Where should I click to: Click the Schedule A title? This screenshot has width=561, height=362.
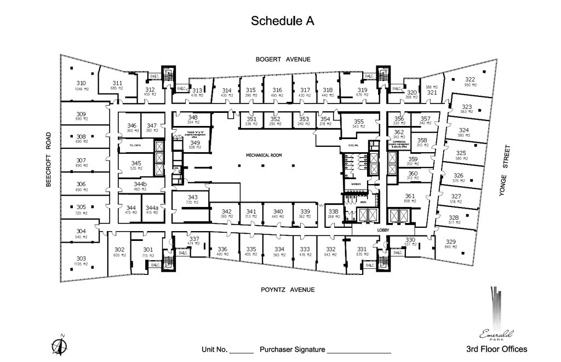(x=282, y=21)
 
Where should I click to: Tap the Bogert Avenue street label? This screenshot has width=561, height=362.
(x=283, y=59)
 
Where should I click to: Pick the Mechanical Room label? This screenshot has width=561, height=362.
(x=264, y=156)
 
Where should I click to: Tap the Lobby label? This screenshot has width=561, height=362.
(x=382, y=231)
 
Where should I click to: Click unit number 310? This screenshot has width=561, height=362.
(x=81, y=83)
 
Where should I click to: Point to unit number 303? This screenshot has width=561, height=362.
(x=81, y=258)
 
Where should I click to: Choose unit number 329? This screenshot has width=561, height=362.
(x=450, y=242)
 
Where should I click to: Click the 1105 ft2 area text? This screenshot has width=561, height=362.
(x=81, y=264)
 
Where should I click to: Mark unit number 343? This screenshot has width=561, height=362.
(x=192, y=197)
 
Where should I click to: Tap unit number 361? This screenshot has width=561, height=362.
(x=410, y=196)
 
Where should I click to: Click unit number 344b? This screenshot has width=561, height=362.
(x=141, y=185)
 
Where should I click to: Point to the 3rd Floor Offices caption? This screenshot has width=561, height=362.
(x=496, y=349)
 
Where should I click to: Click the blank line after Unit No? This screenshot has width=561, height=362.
(x=241, y=353)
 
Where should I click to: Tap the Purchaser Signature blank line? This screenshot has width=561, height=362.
(x=359, y=353)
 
